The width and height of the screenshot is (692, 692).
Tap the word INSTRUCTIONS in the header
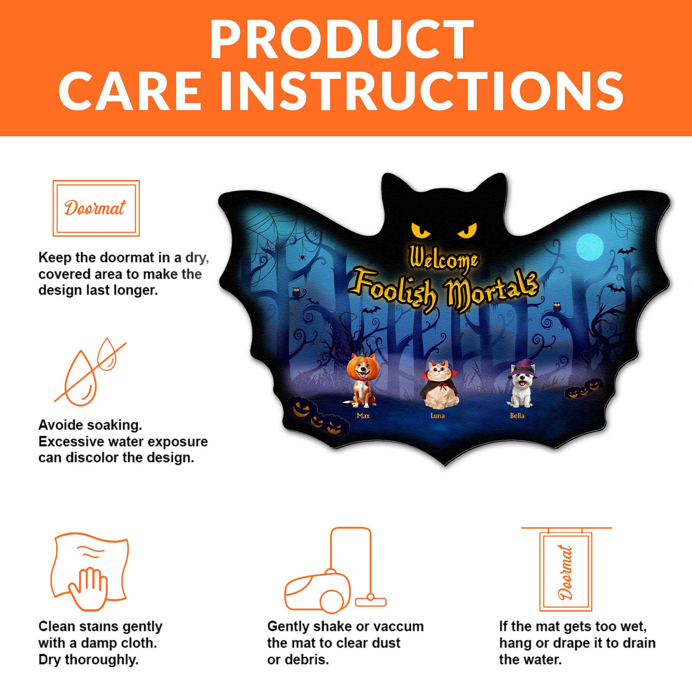point(422,91)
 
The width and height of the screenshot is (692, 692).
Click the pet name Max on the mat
point(363,416)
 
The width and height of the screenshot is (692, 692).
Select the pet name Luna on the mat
point(438,416)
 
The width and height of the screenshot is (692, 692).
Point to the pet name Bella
point(517,416)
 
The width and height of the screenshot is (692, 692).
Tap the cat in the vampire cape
point(439,385)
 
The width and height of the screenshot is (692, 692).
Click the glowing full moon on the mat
point(590,246)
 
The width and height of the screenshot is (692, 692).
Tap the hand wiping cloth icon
point(90,572)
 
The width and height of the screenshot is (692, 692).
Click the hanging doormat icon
point(566,570)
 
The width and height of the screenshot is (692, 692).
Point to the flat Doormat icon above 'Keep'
point(96,208)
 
